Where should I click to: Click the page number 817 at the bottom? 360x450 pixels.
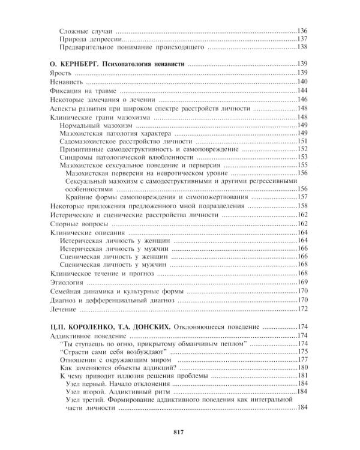[x=178, y=432]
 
